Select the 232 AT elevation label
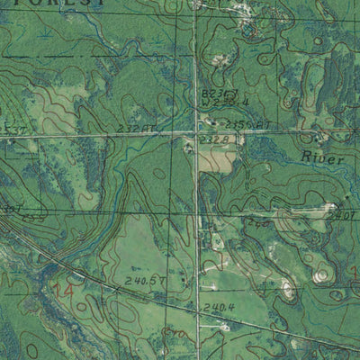137,130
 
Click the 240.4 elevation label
219,308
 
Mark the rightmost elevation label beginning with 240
340,216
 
